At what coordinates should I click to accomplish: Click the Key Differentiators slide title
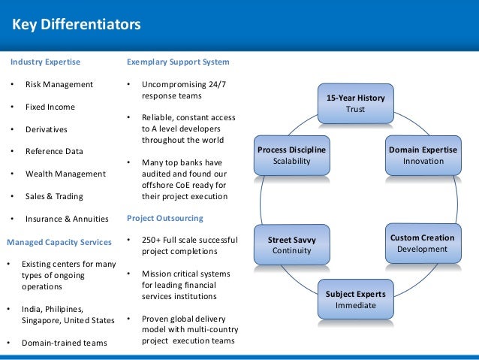pyautogui.click(x=77, y=25)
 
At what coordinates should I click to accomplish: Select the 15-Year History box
pyautogui.click(x=355, y=104)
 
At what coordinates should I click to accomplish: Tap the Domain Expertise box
pyautogui.click(x=423, y=156)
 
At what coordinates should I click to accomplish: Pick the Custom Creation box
pyautogui.click(x=422, y=243)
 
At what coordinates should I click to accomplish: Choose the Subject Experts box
pyautogui.click(x=355, y=299)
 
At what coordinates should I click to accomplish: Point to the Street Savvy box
pyautogui.click(x=291, y=245)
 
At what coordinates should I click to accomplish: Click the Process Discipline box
pyautogui.click(x=291, y=156)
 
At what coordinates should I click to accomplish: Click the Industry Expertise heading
pyautogui.click(x=44, y=62)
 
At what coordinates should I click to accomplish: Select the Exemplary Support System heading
pyautogui.click(x=178, y=62)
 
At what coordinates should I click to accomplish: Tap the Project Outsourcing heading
pyautogui.click(x=164, y=219)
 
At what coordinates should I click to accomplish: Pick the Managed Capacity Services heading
pyautogui.click(x=59, y=242)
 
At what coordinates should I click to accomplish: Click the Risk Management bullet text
pyautogui.click(x=59, y=84)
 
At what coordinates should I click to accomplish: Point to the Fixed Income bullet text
pyautogui.click(x=50, y=107)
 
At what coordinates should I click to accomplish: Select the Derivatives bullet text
pyautogui.click(x=47, y=129)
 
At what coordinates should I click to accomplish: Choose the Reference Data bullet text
pyautogui.click(x=54, y=152)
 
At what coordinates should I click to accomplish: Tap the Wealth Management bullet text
pyautogui.click(x=65, y=174)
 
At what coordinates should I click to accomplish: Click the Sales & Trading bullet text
pyautogui.click(x=54, y=197)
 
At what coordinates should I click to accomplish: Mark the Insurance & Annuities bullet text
pyautogui.click(x=67, y=219)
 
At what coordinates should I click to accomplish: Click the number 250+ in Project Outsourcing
pyautogui.click(x=152, y=240)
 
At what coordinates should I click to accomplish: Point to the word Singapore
pyautogui.click(x=44, y=320)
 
